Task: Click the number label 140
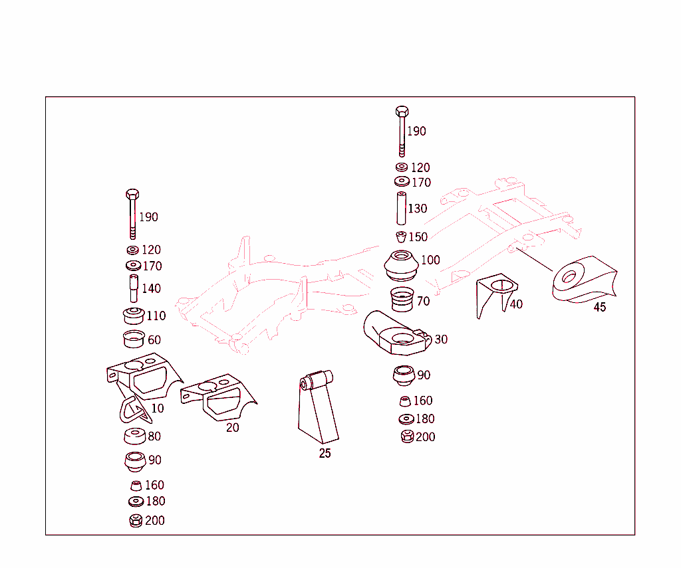click(x=151, y=289)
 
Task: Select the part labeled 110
click(x=134, y=315)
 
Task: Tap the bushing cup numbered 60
click(x=134, y=339)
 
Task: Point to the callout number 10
click(x=157, y=408)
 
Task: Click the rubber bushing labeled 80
click(x=134, y=436)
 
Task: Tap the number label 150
click(x=418, y=237)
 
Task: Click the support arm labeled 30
click(x=396, y=332)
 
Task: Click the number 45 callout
click(x=599, y=308)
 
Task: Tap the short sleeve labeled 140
click(x=133, y=288)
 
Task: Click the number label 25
click(x=325, y=454)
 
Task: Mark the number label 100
click(x=430, y=260)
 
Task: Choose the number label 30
click(x=440, y=339)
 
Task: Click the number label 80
click(x=154, y=436)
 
